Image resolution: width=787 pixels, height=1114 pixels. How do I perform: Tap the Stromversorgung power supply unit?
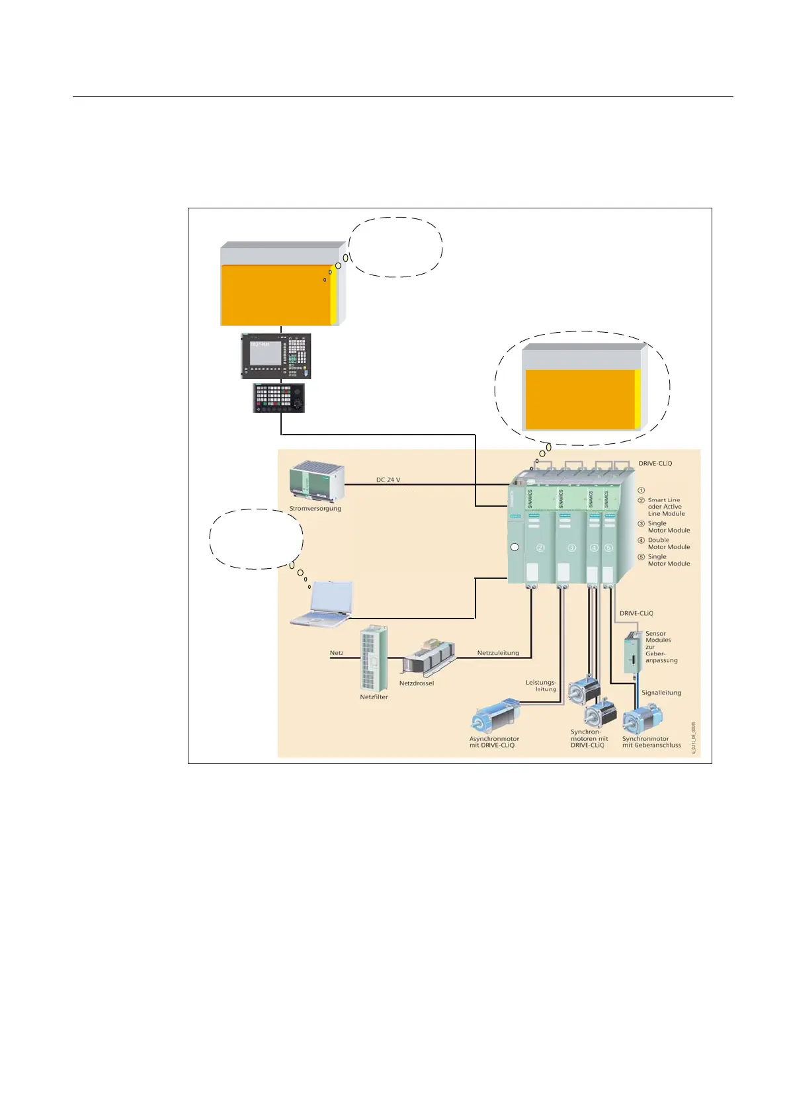(316, 482)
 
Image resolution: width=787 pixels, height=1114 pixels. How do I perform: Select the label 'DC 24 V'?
(388, 480)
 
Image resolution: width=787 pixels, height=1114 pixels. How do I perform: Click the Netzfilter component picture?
(374, 658)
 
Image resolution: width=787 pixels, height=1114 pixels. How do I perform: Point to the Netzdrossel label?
(417, 683)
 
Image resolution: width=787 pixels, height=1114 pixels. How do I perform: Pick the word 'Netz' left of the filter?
(337, 653)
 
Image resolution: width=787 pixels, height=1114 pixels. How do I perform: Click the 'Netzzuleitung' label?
(498, 653)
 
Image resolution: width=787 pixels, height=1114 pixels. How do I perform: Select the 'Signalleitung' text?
(661, 693)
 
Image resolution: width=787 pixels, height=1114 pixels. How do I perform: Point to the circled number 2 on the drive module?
(540, 548)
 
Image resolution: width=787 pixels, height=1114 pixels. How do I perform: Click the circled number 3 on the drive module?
(572, 548)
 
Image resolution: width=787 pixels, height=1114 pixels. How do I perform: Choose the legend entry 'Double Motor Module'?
(668, 543)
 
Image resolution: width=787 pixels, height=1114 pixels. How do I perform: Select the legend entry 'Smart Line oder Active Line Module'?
(665, 507)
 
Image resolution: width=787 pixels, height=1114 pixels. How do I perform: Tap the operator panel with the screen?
(276, 356)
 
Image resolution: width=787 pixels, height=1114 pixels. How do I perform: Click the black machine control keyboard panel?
(279, 398)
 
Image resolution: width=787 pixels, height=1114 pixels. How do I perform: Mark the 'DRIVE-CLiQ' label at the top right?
(655, 464)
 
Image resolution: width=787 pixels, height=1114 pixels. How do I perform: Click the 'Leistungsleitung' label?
(542, 685)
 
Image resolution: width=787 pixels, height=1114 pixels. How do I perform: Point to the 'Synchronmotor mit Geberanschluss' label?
(651, 742)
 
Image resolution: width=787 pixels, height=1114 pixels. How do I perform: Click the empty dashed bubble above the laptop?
(257, 538)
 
